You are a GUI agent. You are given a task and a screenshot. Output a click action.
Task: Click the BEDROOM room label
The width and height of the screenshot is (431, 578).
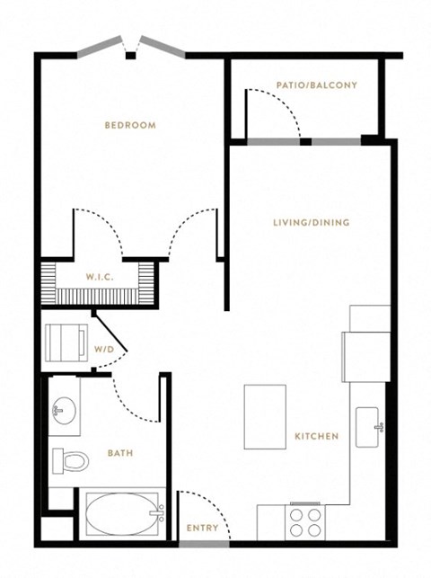tap(130, 125)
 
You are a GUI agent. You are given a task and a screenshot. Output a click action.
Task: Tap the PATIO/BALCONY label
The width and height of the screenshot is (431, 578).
tap(317, 85)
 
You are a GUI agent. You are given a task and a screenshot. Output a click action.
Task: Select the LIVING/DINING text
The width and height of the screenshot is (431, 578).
tap(312, 222)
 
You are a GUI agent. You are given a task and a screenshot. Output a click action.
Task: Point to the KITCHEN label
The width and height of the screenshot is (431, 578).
tap(317, 437)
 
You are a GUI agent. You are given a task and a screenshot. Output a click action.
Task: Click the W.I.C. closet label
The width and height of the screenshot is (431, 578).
tap(100, 277)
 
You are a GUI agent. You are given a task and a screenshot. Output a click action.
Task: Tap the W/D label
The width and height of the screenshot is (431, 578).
tap(104, 349)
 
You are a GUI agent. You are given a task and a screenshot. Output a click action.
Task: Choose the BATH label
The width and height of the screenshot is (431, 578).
tap(120, 453)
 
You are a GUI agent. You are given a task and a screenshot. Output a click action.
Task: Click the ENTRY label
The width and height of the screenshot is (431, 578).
tap(202, 528)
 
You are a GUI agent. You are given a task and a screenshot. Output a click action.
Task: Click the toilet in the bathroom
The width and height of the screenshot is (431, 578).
tap(71, 461)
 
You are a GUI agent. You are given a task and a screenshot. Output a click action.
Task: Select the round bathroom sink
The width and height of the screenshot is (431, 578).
tap(65, 411)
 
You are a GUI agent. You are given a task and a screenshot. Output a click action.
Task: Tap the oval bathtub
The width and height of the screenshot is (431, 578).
tap(121, 514)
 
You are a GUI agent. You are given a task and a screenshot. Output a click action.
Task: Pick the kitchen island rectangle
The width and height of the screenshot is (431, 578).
tap(265, 417)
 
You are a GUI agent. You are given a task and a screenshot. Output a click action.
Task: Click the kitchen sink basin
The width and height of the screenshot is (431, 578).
tap(367, 427)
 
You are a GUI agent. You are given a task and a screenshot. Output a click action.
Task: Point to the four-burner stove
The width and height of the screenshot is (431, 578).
tap(305, 522)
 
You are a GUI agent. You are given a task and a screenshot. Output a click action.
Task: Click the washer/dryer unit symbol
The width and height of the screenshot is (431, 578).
tap(66, 342)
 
